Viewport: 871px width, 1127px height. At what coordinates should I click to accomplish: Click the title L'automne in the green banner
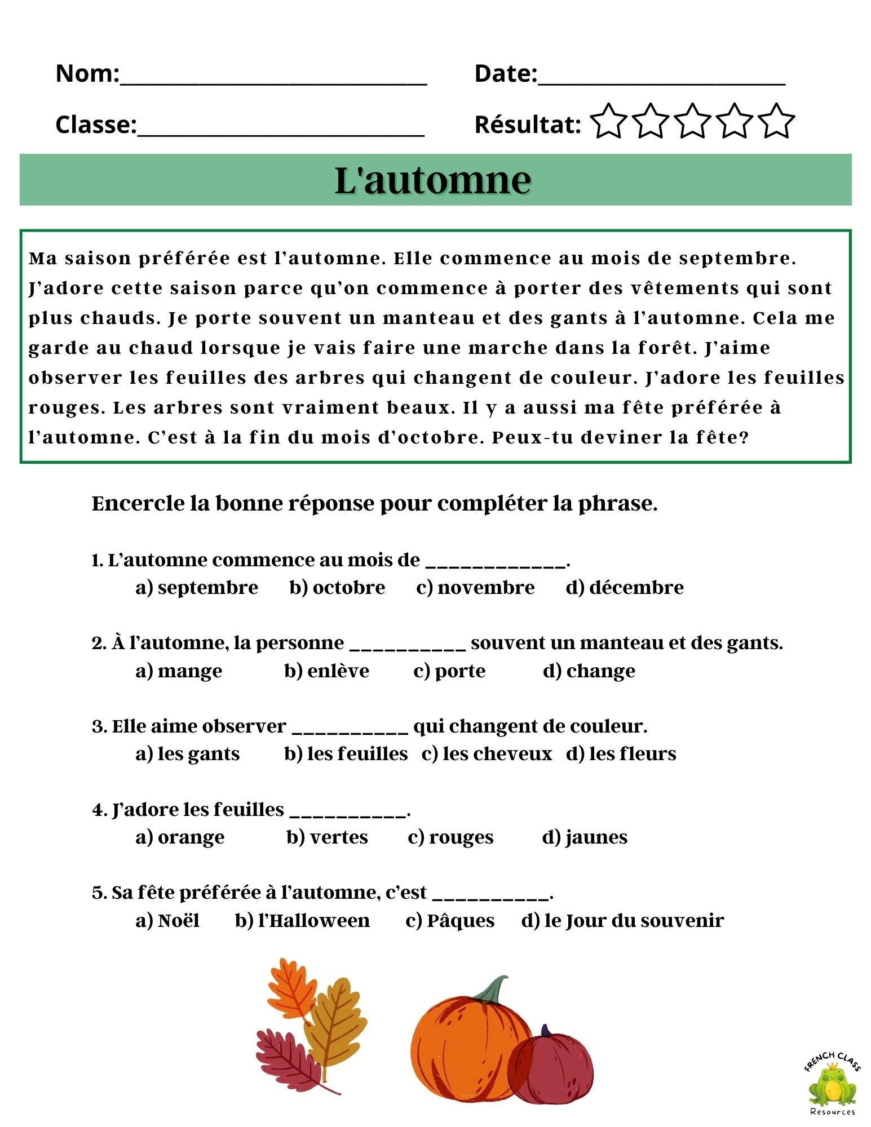433,181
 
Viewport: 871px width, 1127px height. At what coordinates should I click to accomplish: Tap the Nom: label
87,74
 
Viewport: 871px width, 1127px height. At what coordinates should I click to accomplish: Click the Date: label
506,74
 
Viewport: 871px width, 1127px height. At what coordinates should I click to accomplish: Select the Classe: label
96,125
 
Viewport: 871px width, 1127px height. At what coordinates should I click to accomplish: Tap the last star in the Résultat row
776,121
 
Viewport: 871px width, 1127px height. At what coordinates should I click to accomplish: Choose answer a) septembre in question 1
197,588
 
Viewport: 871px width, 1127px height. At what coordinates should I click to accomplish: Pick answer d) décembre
625,588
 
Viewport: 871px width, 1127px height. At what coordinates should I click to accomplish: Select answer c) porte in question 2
449,671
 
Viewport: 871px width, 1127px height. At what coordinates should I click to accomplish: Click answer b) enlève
327,671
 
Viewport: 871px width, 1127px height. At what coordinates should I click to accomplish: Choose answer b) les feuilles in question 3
346,754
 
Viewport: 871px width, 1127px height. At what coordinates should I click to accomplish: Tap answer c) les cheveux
487,754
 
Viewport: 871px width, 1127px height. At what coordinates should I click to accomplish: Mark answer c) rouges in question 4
450,837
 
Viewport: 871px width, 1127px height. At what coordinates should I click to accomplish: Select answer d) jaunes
585,837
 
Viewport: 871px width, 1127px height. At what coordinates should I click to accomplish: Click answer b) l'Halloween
302,921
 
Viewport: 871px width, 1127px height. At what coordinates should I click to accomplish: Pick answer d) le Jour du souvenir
622,921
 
